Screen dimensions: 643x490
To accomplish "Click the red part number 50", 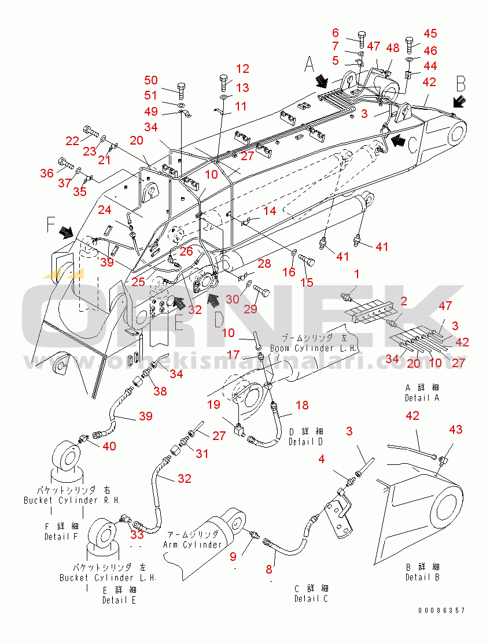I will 150,80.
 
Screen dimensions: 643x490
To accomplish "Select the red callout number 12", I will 242,69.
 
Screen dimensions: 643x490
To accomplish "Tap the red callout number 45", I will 430,34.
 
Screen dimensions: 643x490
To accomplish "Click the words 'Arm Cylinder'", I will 193,544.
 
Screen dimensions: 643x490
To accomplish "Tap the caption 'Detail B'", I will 422,577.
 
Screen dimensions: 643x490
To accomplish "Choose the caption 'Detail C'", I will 311,598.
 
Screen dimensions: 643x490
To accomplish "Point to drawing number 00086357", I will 442,611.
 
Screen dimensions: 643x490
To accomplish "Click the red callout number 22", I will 72,141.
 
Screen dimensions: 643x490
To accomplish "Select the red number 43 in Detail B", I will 456,430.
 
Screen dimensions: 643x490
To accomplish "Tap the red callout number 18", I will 302,406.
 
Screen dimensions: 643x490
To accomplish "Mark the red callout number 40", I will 109,445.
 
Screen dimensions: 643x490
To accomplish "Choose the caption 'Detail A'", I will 422,398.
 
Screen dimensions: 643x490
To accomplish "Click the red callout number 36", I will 47,172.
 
